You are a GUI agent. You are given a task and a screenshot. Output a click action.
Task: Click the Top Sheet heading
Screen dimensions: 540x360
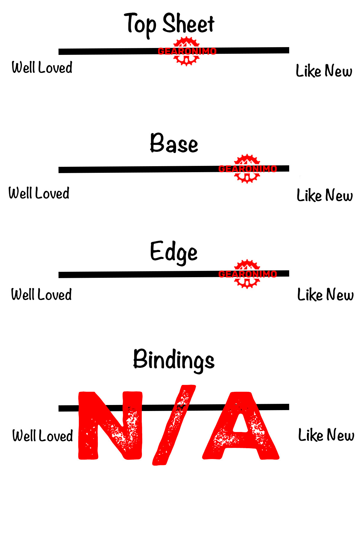click(x=169, y=24)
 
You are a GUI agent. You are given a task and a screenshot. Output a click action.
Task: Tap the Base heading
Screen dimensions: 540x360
click(x=174, y=143)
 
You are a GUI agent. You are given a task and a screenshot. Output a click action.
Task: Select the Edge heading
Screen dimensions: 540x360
click(x=174, y=252)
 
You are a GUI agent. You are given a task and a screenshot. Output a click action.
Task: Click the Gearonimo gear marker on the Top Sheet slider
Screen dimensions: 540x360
click(x=187, y=51)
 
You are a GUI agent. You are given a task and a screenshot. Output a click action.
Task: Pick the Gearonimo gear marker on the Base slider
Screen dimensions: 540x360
click(x=247, y=169)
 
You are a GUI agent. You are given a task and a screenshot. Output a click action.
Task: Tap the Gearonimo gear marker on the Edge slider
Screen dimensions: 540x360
click(x=247, y=274)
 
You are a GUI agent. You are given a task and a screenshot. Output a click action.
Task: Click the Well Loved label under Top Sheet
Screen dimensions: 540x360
click(x=42, y=67)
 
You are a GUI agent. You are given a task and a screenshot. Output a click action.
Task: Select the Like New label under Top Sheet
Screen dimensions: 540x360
click(x=324, y=71)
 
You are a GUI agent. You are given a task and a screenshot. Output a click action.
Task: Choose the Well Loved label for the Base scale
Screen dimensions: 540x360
click(x=39, y=193)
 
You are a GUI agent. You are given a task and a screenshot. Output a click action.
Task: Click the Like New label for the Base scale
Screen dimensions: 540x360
click(x=325, y=195)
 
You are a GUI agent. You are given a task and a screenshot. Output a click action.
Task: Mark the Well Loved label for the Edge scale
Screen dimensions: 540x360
click(x=41, y=295)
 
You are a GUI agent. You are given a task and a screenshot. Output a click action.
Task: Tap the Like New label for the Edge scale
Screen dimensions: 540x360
click(x=325, y=295)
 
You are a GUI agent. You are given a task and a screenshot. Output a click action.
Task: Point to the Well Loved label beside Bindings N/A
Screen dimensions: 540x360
click(x=43, y=436)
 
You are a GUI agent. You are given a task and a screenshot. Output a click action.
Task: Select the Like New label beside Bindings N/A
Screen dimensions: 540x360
click(x=326, y=435)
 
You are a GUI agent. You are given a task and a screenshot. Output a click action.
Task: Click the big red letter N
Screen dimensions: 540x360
click(x=110, y=425)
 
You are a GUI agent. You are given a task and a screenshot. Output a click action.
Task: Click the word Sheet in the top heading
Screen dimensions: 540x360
click(x=188, y=24)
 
